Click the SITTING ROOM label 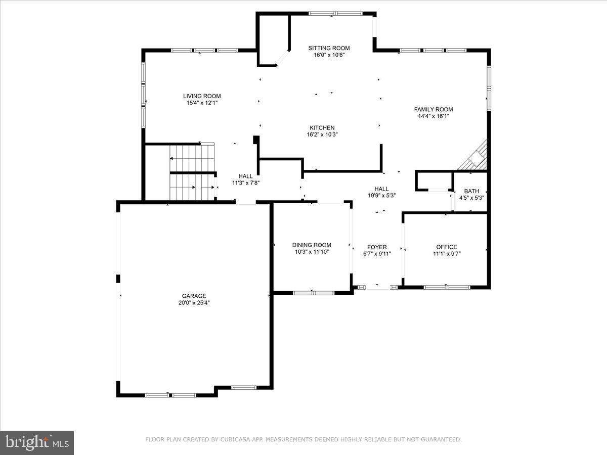[x=329, y=49]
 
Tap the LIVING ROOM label [x=202, y=96]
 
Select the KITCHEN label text [x=322, y=128]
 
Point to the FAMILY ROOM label [x=433, y=109]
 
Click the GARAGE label [x=194, y=296]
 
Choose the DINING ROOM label [x=312, y=245]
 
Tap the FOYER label [x=377, y=247]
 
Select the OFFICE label [x=446, y=247]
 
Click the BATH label [x=471, y=191]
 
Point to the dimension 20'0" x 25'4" [x=194, y=303]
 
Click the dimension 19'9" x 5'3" [x=381, y=196]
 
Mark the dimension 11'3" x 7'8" [x=246, y=183]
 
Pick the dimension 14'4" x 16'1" [x=433, y=116]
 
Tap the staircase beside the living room [x=192, y=172]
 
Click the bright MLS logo [x=37, y=442]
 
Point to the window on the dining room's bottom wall [x=314, y=292]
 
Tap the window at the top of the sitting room [x=332, y=14]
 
